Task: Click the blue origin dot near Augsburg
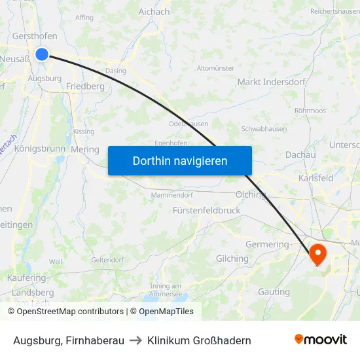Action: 42,54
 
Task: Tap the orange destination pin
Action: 318,254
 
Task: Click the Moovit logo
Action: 320,340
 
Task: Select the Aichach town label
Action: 154,12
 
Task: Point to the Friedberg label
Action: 85,86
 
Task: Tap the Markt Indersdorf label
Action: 269,82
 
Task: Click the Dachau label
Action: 300,154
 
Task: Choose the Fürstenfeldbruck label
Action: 207,211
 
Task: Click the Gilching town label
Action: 232,259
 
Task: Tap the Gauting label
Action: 274,291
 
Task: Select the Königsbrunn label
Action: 39,149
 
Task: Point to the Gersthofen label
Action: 33,36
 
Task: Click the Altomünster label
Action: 215,68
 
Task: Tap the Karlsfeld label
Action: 315,177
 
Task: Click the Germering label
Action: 267,244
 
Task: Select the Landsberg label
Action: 33,293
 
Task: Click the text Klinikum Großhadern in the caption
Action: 199,340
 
